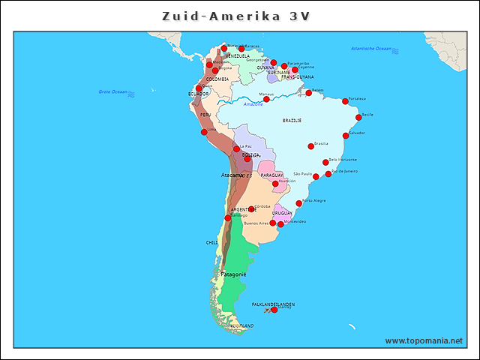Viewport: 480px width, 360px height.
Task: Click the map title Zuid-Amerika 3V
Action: pos(238,16)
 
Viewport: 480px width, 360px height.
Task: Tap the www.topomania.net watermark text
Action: pos(424,340)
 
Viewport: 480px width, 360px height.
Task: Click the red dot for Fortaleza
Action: pos(345,101)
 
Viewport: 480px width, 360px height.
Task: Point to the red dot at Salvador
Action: pos(345,136)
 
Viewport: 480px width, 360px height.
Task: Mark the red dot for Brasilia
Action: pos(310,146)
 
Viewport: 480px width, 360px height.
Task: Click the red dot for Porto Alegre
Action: pos(298,203)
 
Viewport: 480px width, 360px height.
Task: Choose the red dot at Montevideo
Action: pos(280,224)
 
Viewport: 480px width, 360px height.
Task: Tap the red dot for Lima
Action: pos(203,132)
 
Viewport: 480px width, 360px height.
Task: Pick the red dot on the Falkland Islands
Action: pos(274,310)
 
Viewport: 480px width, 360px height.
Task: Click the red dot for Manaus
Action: pos(266,99)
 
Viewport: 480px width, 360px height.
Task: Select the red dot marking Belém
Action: pos(308,93)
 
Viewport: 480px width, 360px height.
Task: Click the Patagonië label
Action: pos(233,274)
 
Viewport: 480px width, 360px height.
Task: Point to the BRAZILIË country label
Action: pos(292,120)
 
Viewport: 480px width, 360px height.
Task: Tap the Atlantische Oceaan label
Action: pos(370,49)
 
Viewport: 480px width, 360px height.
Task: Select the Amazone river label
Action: pos(253,104)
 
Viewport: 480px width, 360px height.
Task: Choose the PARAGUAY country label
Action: pos(271,175)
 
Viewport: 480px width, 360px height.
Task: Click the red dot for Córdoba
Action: pos(251,209)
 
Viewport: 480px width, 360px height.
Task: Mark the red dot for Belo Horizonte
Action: pos(325,162)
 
